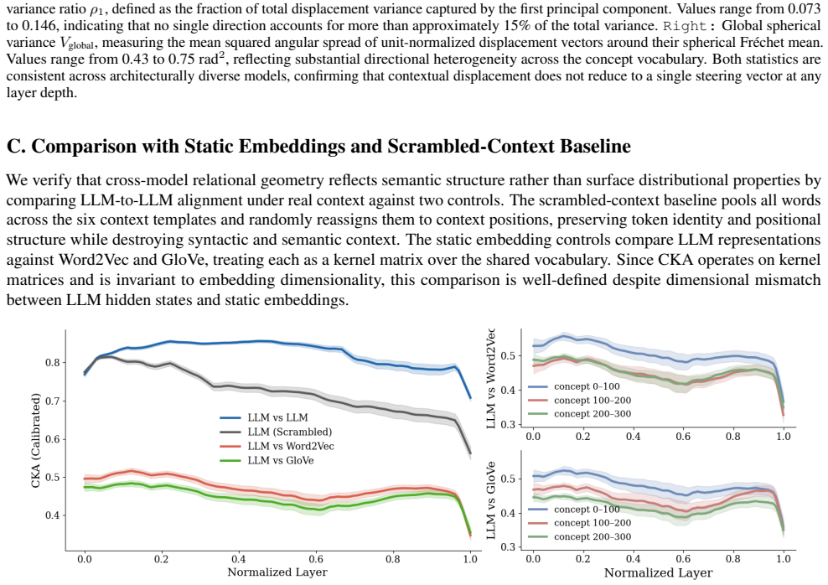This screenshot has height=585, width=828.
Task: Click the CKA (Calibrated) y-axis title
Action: [x=35, y=440]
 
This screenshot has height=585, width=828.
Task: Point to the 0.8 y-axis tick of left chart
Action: [x=52, y=363]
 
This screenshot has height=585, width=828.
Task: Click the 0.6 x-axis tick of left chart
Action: [x=316, y=559]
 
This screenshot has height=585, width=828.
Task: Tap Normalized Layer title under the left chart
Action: [x=277, y=572]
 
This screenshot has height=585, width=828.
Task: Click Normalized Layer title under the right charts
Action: [x=659, y=573]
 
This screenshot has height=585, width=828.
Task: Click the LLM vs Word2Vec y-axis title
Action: [x=490, y=379]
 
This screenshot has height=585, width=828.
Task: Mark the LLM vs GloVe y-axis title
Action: [x=490, y=500]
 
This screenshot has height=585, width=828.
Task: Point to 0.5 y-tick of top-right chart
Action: [x=508, y=356]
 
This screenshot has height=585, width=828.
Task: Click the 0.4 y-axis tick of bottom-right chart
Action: [x=508, y=513]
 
